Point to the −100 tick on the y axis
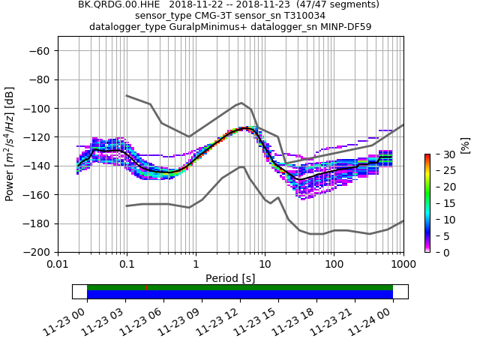pos(37,109)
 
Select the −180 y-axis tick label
pos(37,223)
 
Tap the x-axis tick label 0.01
pos(58,265)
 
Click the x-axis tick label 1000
pos(403,265)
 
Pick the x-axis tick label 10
pos(265,265)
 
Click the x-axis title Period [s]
pos(230,278)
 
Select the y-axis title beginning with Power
pos(10,144)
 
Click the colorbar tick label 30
pos(442,154)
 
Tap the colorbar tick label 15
pos(442,203)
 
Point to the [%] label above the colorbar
pos(465,145)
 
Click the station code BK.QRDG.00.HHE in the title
pos(119,4)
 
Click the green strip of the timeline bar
pos(240,287)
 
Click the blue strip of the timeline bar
pos(240,295)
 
